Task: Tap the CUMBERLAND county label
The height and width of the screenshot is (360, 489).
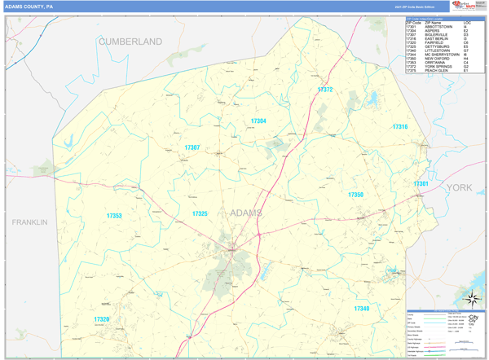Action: [130, 41]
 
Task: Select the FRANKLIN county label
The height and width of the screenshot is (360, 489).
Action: [29, 222]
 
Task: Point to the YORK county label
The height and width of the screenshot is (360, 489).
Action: [459, 187]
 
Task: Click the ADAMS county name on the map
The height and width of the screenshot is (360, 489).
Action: [246, 213]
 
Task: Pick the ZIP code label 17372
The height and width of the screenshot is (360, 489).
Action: [325, 90]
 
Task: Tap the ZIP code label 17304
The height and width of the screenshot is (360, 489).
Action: [258, 121]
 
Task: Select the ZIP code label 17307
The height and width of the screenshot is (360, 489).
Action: [192, 147]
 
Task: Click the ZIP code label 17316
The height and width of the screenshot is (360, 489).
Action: [399, 127]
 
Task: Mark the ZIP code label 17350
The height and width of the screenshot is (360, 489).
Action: [355, 195]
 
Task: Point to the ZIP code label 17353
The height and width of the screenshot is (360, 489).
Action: [114, 216]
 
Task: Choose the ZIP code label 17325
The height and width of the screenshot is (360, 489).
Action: [200, 213]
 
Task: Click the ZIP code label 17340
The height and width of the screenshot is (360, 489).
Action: [362, 309]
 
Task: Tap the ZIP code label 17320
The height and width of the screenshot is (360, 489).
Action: [102, 319]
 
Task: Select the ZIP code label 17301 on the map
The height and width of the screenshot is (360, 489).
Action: [421, 184]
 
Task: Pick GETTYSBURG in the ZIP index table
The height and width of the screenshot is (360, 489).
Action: [438, 46]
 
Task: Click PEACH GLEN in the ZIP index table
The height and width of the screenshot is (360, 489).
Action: [436, 70]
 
